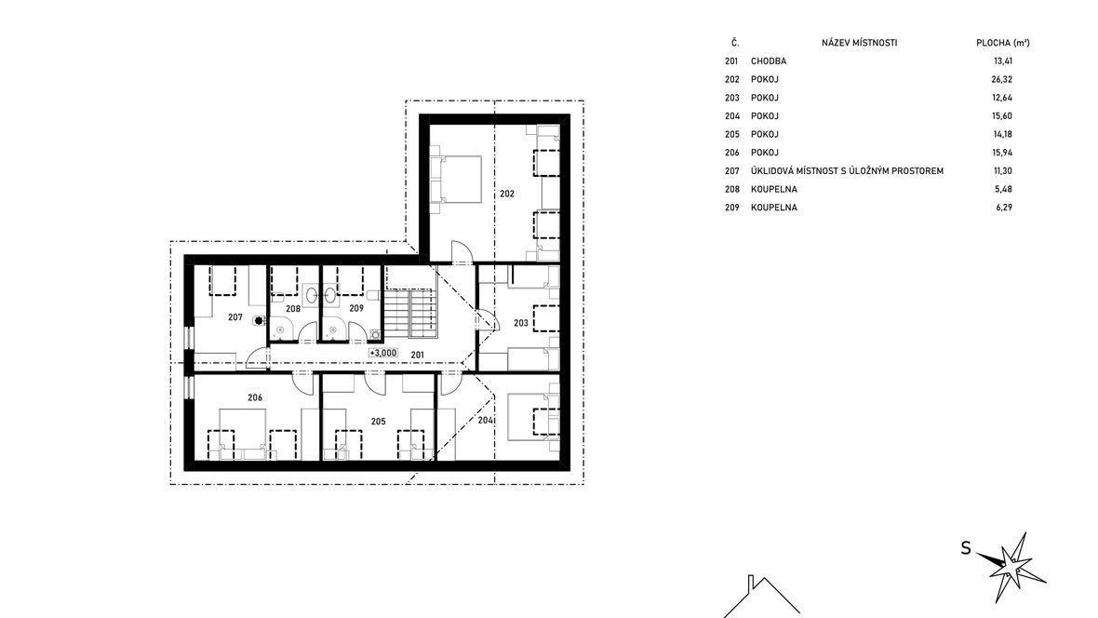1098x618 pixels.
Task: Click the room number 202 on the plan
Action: pos(507,194)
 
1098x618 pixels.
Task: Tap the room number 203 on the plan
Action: pos(521,323)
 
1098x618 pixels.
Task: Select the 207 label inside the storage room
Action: pos(235,317)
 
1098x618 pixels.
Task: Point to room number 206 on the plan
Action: pos(255,397)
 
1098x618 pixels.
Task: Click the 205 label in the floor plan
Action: pos(378,421)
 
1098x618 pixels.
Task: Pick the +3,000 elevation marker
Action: pos(383,353)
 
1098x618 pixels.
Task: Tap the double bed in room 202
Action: pos(456,179)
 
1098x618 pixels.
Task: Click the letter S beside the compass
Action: pos(966,548)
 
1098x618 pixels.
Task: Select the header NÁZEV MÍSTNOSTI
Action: pos(859,43)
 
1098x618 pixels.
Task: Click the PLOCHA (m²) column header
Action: pos(1003,43)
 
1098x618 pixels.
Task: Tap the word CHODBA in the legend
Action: pos(769,60)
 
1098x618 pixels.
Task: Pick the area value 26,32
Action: pos(1002,79)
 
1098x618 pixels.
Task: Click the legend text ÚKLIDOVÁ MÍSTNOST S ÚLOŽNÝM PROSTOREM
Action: pos(847,170)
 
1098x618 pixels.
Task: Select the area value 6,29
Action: pos(1004,207)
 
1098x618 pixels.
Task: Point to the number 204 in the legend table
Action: pos(731,115)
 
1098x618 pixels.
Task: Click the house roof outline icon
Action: pos(761,597)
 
